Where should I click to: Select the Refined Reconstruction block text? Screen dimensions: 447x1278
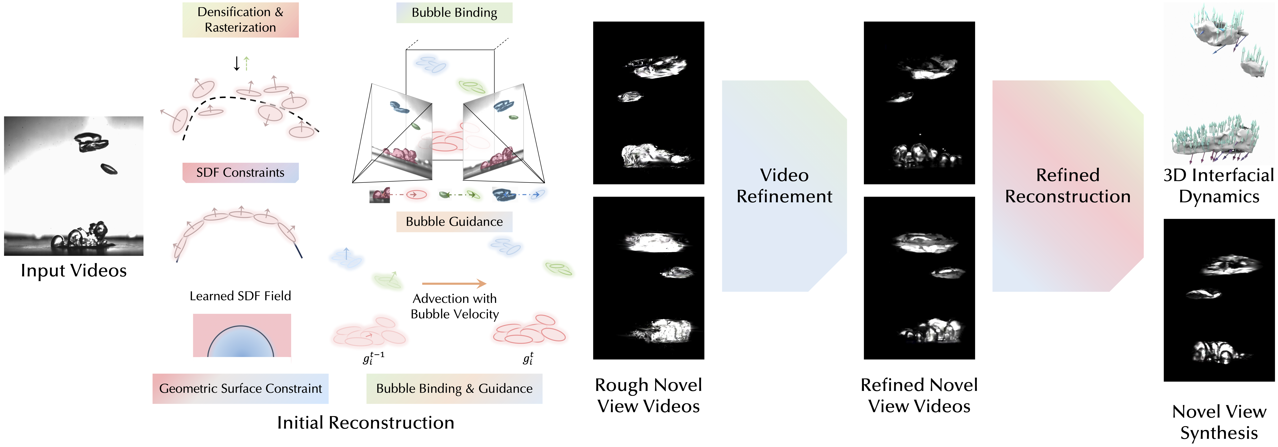pyautogui.click(x=1068, y=186)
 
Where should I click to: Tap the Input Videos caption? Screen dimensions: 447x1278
pyautogui.click(x=73, y=270)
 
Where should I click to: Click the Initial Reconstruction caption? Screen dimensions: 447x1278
pyautogui.click(x=366, y=423)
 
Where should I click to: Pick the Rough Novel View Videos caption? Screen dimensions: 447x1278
pyautogui.click(x=648, y=395)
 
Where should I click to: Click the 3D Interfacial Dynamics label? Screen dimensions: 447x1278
pyautogui.click(x=1219, y=186)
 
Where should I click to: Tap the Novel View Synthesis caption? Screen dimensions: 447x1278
pyautogui.click(x=1219, y=422)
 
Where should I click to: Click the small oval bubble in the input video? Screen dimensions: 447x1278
pyautogui.click(x=109, y=169)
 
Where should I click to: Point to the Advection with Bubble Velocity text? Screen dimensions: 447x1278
pyautogui.click(x=454, y=306)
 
